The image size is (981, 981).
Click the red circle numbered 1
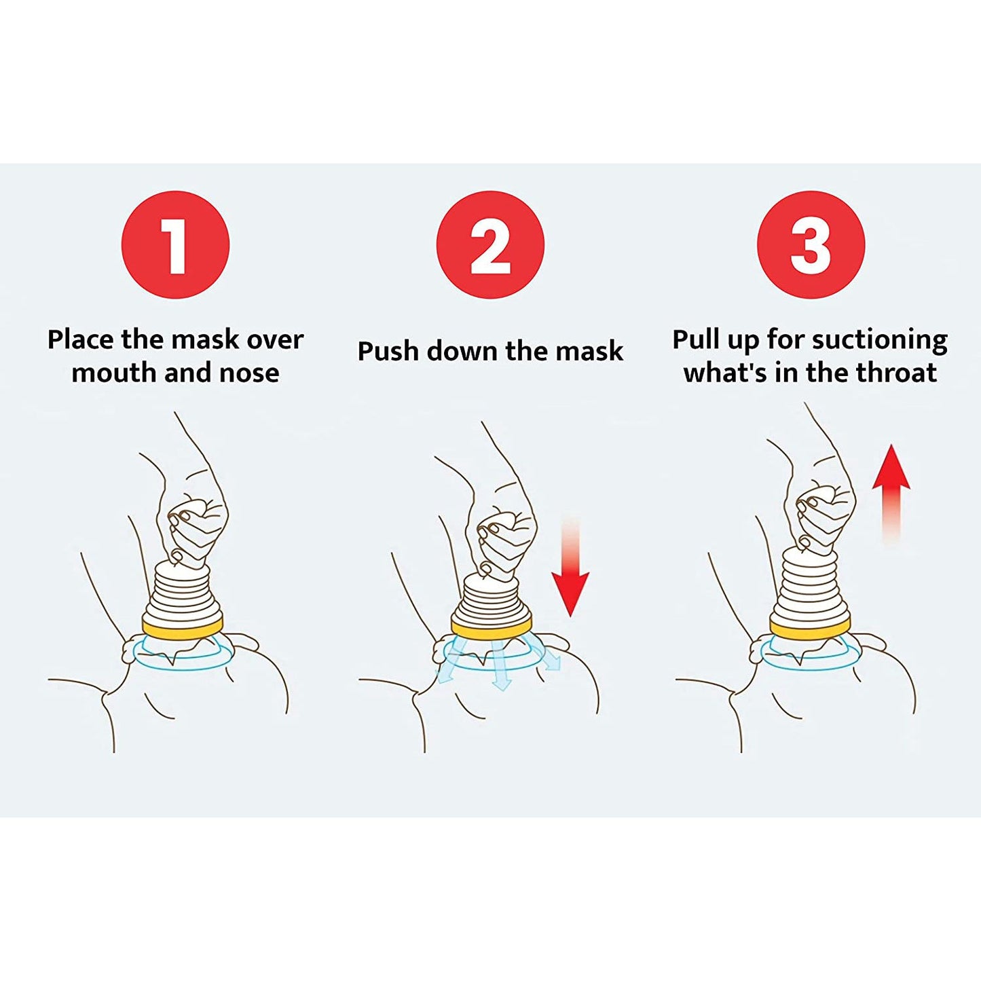pos(175,244)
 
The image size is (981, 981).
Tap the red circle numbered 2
pos(490,244)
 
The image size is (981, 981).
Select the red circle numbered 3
pos(811,244)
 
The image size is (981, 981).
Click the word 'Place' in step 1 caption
pos(81,339)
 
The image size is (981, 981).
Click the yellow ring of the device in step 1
pos(183,625)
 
